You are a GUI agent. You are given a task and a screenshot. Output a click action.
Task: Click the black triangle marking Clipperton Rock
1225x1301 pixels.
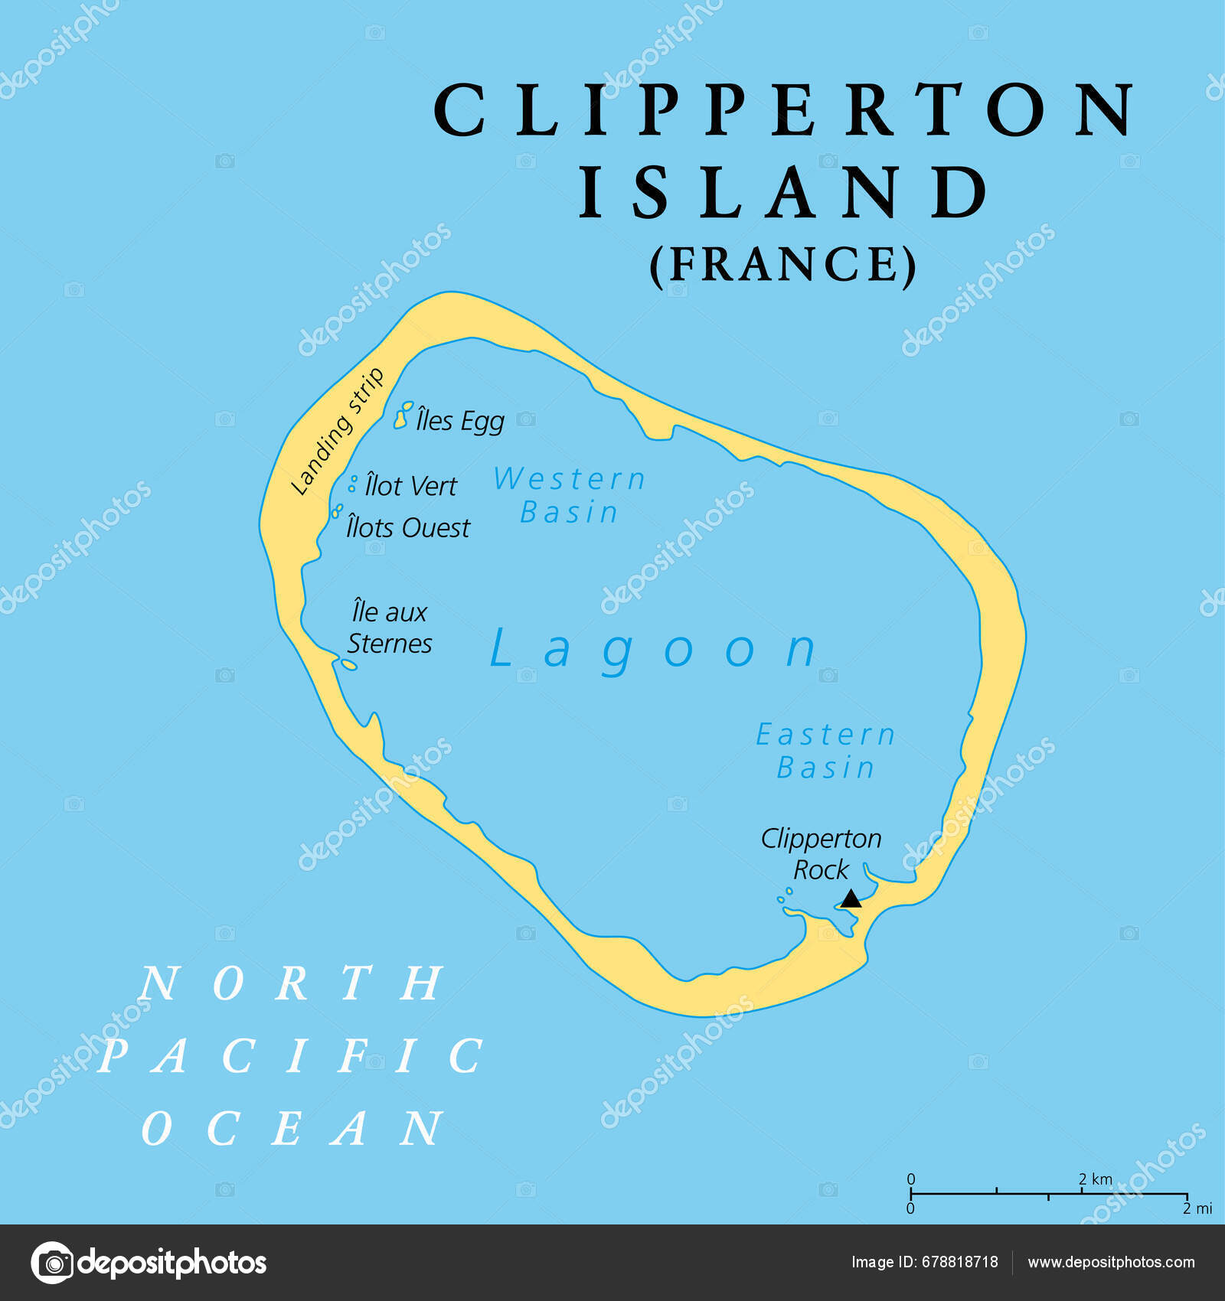(x=851, y=898)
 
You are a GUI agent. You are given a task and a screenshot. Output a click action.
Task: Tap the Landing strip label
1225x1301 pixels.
(x=337, y=432)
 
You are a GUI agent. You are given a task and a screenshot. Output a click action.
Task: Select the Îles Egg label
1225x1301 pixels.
(x=460, y=421)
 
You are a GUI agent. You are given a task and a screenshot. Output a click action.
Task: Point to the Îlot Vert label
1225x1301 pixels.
(x=410, y=486)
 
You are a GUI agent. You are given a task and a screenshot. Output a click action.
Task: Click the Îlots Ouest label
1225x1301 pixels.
(x=407, y=528)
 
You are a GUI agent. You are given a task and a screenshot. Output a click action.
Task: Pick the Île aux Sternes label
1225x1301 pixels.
(x=390, y=628)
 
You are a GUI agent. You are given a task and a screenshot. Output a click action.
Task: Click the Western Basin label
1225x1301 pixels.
(x=570, y=495)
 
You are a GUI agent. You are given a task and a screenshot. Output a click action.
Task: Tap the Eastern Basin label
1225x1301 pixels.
(x=826, y=751)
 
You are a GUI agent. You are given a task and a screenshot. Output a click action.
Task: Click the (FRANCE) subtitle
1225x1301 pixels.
(x=782, y=265)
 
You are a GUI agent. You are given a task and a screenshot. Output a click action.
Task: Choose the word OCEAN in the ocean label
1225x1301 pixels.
(x=292, y=1128)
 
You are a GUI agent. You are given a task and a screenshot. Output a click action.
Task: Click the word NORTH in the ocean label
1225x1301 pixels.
(x=291, y=983)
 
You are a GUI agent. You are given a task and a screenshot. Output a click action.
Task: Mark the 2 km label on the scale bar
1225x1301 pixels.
(x=1096, y=1179)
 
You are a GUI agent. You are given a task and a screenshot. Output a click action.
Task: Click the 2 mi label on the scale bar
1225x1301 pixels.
(x=1197, y=1208)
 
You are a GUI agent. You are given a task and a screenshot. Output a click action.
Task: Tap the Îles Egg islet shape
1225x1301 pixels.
(x=403, y=414)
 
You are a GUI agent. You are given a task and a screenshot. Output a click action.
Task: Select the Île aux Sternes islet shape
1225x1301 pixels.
(x=348, y=664)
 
